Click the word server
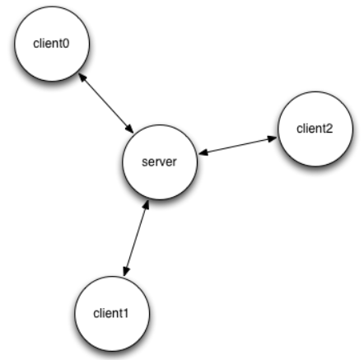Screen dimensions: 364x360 coord(159,162)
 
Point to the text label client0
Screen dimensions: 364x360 coord(51,44)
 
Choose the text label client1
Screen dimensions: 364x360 coord(111,313)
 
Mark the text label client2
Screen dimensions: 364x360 coord(315,129)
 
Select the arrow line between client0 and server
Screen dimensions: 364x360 coord(106,103)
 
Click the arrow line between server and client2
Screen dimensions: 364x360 coord(238,146)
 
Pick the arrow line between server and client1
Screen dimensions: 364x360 coord(136,238)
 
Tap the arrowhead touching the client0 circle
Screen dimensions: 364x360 coord(82,77)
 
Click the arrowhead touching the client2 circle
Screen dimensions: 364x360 coord(273,138)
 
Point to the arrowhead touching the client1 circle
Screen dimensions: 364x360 coord(125,271)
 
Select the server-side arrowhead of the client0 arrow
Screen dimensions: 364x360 coord(130,129)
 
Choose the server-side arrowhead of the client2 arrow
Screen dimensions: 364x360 coord(203,152)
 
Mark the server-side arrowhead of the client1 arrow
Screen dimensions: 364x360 coord(147,205)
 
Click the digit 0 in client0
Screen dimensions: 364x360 coord(66,44)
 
